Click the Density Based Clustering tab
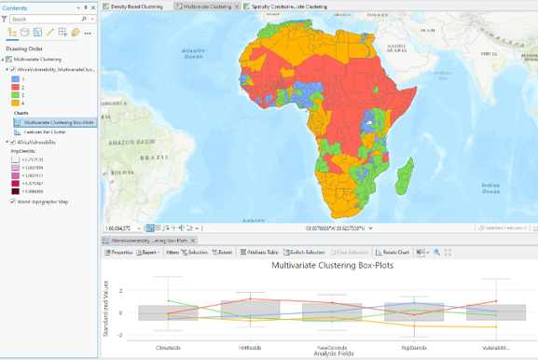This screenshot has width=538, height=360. coord(137,6)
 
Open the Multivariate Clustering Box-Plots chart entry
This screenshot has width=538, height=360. coord(59,122)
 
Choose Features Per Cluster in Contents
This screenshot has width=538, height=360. coord(46,132)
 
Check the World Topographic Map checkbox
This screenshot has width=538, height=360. coord(11,201)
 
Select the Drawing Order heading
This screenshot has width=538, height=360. coord(24,48)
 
